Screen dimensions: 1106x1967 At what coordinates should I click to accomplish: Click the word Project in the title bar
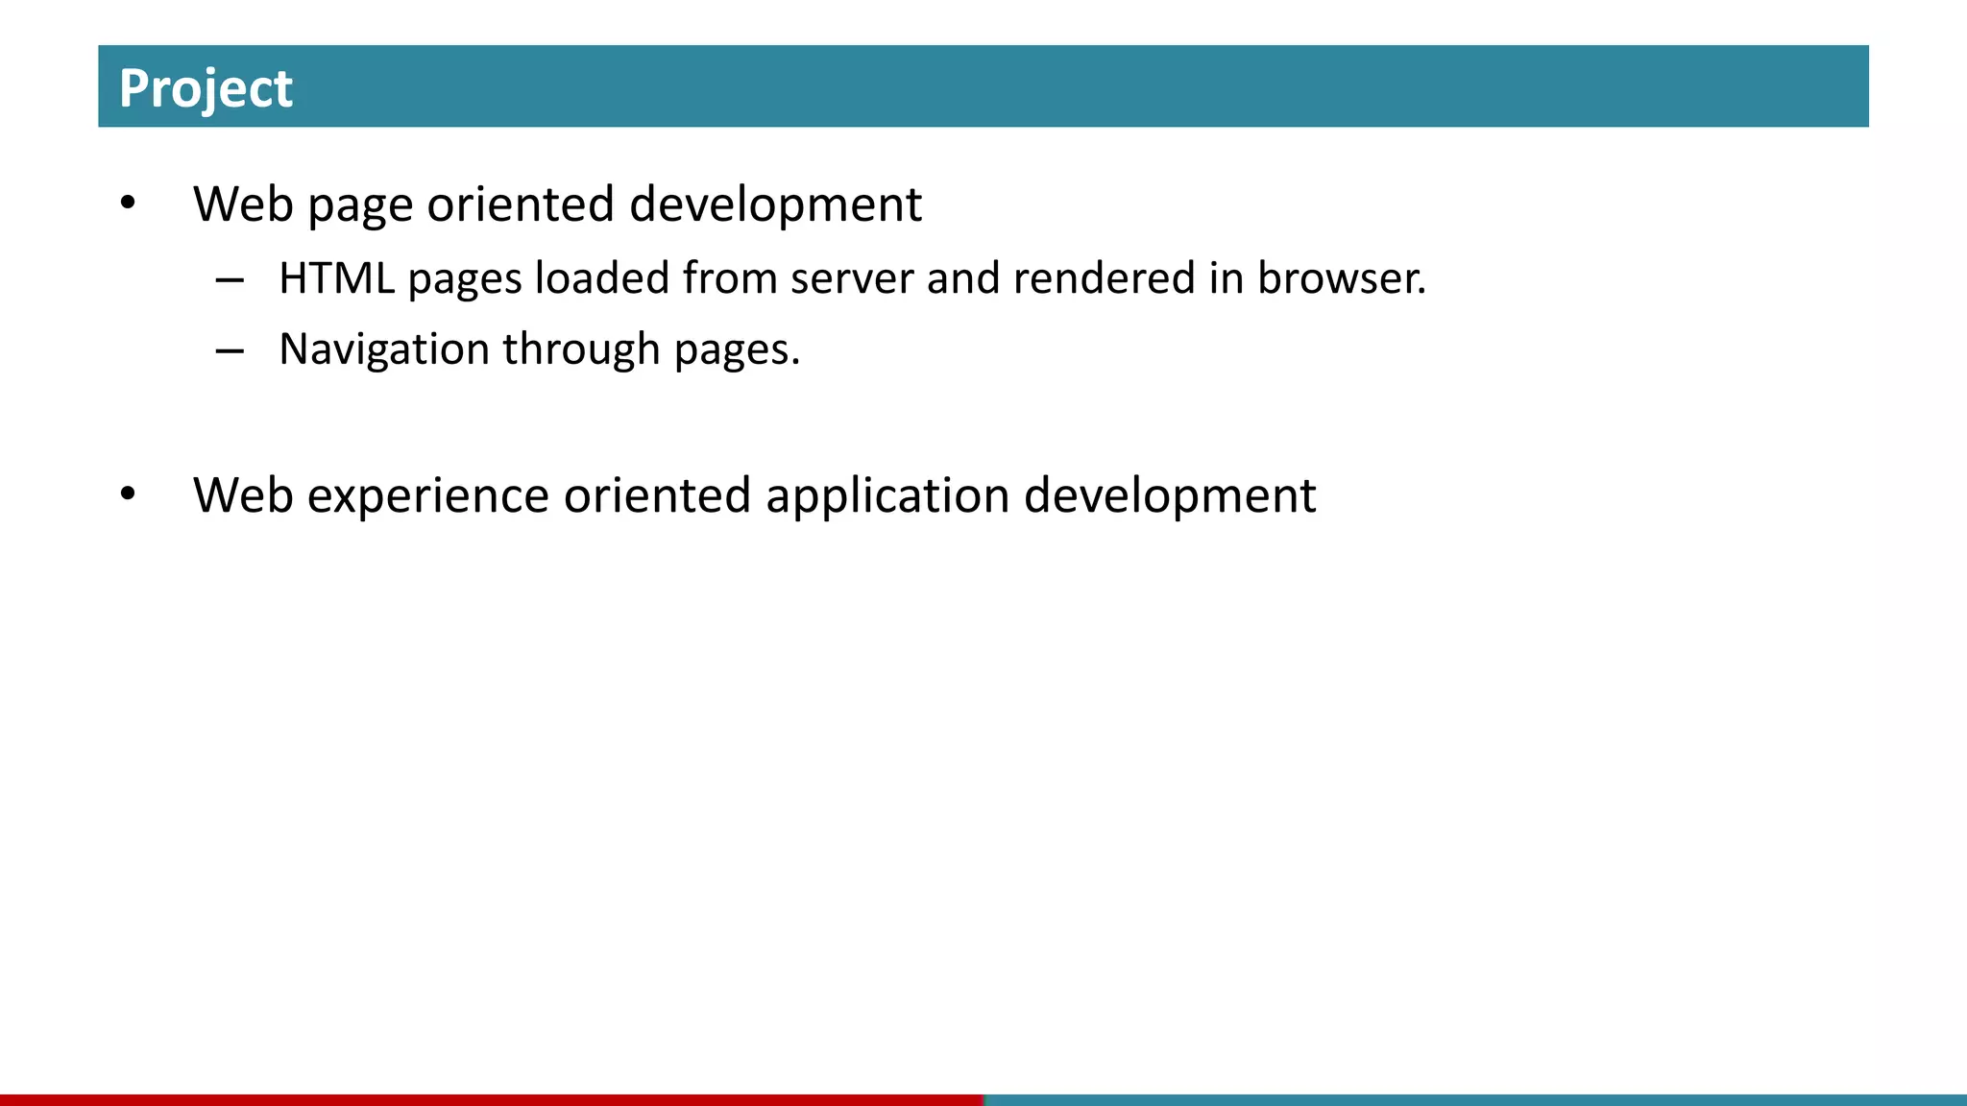(206, 88)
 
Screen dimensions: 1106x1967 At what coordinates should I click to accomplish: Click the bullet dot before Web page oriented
(128, 203)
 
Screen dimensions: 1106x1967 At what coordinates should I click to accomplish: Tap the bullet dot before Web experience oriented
(128, 493)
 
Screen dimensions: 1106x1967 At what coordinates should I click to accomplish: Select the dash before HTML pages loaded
(230, 280)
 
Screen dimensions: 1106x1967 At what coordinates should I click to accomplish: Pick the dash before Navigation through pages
(230, 351)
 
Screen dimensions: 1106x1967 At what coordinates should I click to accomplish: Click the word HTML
(336, 278)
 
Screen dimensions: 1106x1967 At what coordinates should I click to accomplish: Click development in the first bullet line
(775, 204)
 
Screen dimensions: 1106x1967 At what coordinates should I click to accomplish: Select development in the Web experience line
(1169, 495)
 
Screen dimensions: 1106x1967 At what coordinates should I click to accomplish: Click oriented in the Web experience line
(657, 495)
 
